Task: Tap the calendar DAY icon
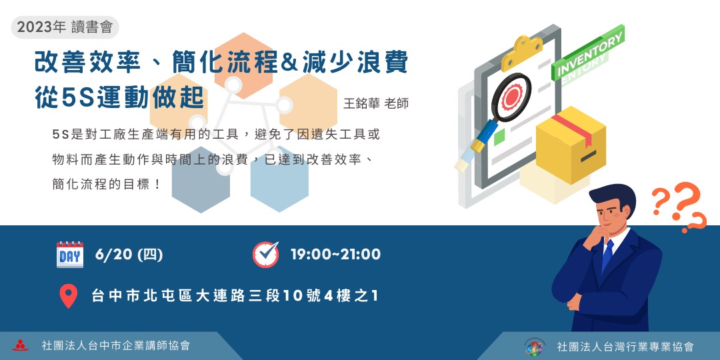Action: click(70, 255)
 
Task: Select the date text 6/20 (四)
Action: click(129, 255)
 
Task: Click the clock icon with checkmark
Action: click(265, 254)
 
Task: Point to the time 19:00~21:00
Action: click(335, 255)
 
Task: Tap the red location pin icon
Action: click(69, 295)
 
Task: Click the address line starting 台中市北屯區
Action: click(235, 295)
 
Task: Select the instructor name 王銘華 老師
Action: click(375, 104)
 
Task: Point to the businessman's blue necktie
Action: click(607, 256)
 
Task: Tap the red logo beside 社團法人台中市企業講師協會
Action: click(21, 345)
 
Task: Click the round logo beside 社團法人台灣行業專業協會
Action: click(534, 347)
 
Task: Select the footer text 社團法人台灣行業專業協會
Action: click(625, 347)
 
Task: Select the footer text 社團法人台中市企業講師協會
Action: click(115, 345)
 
